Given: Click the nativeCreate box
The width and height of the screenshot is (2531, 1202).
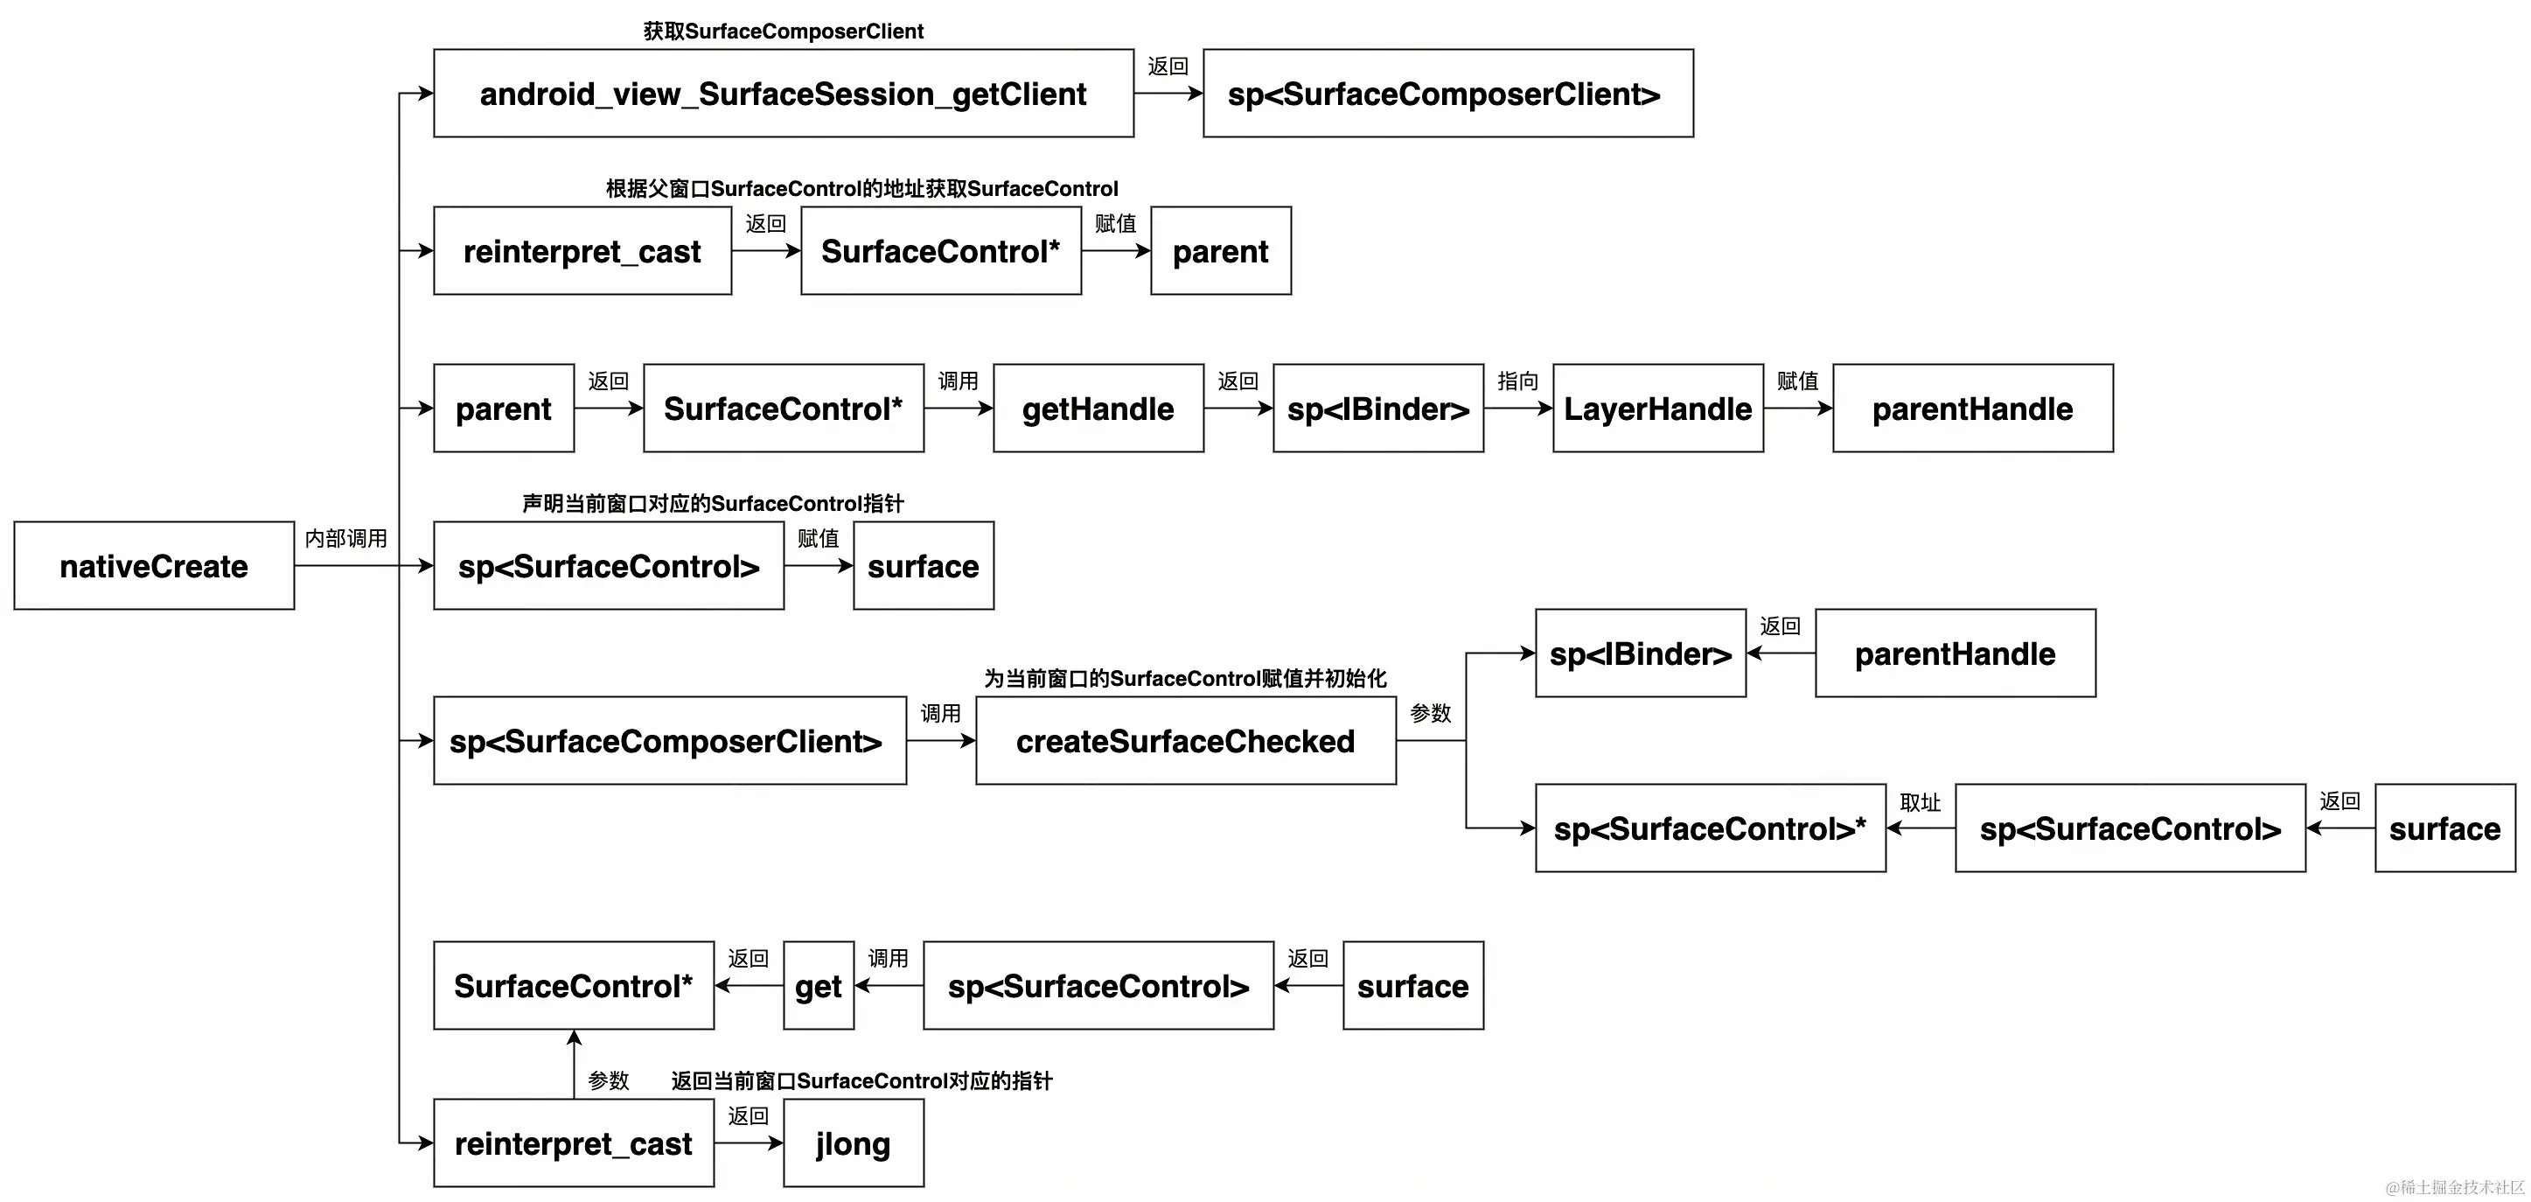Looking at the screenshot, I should (154, 566).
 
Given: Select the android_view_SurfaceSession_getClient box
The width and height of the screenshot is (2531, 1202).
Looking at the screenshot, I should (783, 94).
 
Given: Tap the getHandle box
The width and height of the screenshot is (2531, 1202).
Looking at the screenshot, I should (1098, 409).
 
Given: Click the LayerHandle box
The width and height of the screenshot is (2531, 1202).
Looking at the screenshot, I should (1657, 409).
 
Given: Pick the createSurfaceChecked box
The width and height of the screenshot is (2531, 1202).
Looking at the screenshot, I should (1185, 741).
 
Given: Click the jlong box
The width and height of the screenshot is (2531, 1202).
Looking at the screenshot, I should (853, 1143).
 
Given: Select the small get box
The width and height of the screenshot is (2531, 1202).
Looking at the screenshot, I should (818, 986).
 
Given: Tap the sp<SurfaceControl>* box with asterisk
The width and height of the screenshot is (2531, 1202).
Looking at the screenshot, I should (1710, 828).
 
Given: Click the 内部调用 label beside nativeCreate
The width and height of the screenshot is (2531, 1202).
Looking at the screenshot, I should (345, 539).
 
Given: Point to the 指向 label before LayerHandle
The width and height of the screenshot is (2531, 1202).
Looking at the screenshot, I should (1517, 381).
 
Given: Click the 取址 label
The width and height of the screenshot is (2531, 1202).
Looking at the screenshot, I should (1920, 803).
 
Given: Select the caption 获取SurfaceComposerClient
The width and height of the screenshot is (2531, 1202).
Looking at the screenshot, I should (783, 31).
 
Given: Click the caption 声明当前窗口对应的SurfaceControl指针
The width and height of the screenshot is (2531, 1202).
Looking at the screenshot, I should (712, 504).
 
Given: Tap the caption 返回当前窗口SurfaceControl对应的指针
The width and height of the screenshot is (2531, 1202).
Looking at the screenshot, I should (861, 1081).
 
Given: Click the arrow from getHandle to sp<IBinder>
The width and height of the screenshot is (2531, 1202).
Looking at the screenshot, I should (1238, 408).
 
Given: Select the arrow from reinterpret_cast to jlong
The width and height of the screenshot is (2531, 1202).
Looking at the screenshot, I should (748, 1143).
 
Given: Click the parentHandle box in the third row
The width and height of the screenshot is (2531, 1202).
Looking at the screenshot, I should (1972, 409).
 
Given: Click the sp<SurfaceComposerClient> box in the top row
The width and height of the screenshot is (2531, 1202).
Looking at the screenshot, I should (1447, 94).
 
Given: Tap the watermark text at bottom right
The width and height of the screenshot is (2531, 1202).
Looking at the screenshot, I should (2453, 1187).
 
